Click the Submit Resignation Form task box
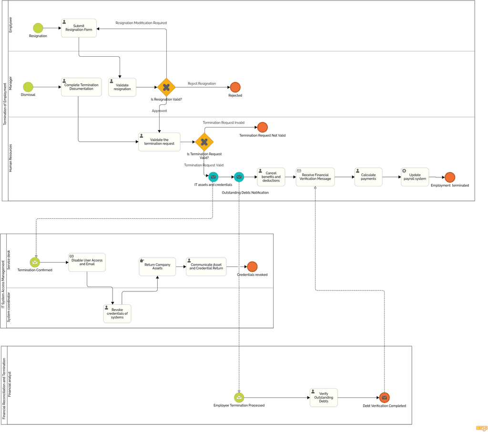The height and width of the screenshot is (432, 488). pos(79,28)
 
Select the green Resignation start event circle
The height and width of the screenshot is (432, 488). pos(38,28)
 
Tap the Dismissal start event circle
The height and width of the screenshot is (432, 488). pos(28,87)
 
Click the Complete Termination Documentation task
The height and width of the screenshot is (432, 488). pos(81,87)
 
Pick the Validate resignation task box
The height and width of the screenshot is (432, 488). pos(122,87)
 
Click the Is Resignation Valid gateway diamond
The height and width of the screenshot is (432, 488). pos(166,87)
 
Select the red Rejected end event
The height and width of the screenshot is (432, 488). pos(235,87)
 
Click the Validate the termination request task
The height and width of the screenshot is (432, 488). pos(159,142)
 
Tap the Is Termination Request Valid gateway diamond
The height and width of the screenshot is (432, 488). pos(204,142)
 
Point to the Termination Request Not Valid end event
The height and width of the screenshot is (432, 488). pos(263,127)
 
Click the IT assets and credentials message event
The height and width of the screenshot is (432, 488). pos(213,177)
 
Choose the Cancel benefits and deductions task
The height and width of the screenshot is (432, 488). pos(271,177)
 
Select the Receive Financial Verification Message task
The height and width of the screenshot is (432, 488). pos(315,177)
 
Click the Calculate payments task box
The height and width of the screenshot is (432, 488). pos(368,177)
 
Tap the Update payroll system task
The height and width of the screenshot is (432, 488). pos(415,177)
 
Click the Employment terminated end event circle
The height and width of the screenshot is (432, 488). pos(450,177)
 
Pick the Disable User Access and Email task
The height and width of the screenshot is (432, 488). pos(87,262)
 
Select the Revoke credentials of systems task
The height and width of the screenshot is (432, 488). pos(117,314)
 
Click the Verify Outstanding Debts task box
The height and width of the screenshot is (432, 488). pos(324,398)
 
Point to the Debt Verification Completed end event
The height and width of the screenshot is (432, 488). pos(385,398)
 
